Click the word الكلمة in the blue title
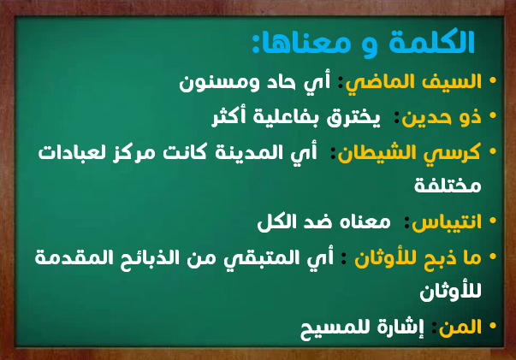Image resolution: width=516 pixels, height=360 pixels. click(431, 42)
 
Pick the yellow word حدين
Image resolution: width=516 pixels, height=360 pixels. click(428, 118)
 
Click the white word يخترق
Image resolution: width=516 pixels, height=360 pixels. click(353, 118)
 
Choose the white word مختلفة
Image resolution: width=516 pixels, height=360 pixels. click(448, 185)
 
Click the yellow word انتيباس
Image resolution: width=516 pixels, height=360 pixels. click(447, 222)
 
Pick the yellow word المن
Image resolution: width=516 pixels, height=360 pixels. click(460, 328)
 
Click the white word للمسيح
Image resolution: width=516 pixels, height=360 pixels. click(339, 328)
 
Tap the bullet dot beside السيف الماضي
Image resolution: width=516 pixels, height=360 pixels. click(493, 80)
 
